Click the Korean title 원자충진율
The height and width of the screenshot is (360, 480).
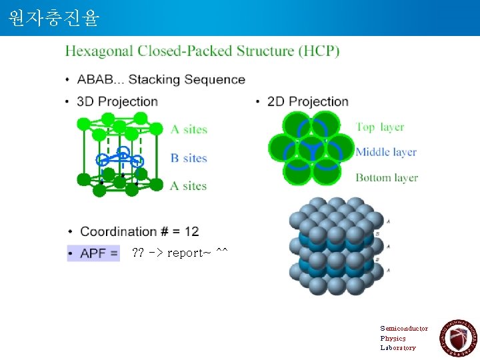tap(54, 18)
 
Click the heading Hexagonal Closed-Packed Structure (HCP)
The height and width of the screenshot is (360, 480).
tap(202, 51)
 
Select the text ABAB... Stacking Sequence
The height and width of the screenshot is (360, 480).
tap(161, 79)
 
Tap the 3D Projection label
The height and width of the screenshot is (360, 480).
tap(117, 101)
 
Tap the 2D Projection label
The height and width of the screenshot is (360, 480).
tap(307, 101)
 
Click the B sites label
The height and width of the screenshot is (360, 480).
tap(189, 158)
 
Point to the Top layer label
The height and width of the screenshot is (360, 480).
tap(379, 127)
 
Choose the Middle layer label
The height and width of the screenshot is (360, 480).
tap(386, 152)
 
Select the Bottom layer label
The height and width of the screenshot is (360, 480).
tap(387, 177)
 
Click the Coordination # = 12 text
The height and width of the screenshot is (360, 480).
tap(139, 231)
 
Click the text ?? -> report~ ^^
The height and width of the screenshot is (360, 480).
tap(180, 253)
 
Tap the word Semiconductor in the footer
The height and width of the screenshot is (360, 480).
tap(404, 329)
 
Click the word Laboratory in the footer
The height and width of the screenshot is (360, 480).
tap(398, 347)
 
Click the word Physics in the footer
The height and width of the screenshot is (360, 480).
tap(393, 338)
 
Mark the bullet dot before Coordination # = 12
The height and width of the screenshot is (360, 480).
tap(71, 232)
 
